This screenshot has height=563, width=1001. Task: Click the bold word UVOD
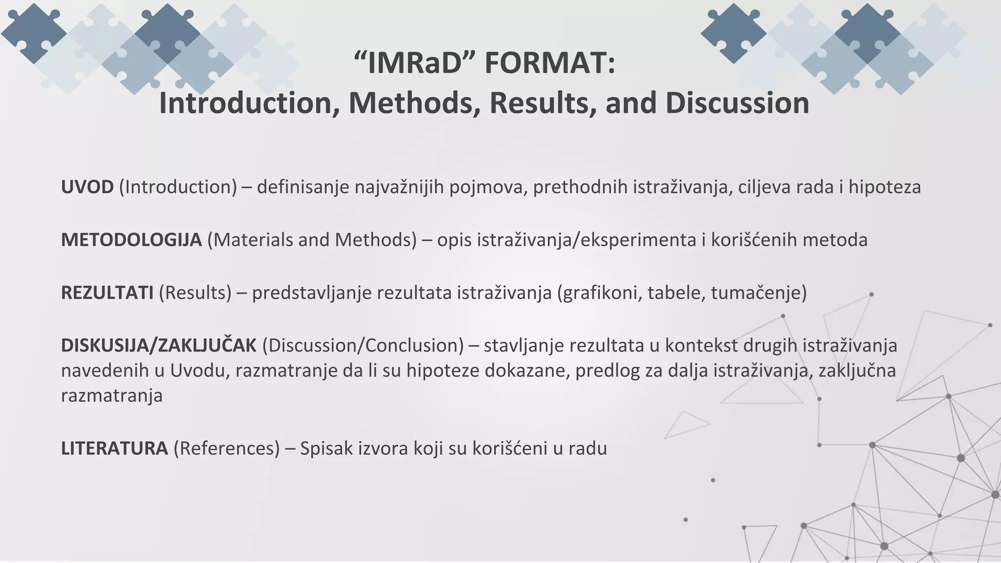tap(87, 187)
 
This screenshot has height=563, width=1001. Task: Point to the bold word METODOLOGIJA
tap(131, 240)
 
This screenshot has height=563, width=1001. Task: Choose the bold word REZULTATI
tap(107, 293)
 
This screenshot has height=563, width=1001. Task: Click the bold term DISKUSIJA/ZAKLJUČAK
tap(158, 346)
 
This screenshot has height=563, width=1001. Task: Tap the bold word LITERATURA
tap(114, 449)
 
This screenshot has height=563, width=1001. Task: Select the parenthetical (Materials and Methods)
tap(312, 240)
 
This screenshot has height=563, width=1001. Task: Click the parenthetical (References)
tap(226, 449)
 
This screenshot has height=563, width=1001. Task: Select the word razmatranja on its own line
tap(111, 395)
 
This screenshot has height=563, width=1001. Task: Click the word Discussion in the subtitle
tap(737, 103)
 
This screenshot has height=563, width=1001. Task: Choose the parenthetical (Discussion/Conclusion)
tap(363, 346)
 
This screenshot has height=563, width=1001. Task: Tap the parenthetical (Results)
tap(195, 293)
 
